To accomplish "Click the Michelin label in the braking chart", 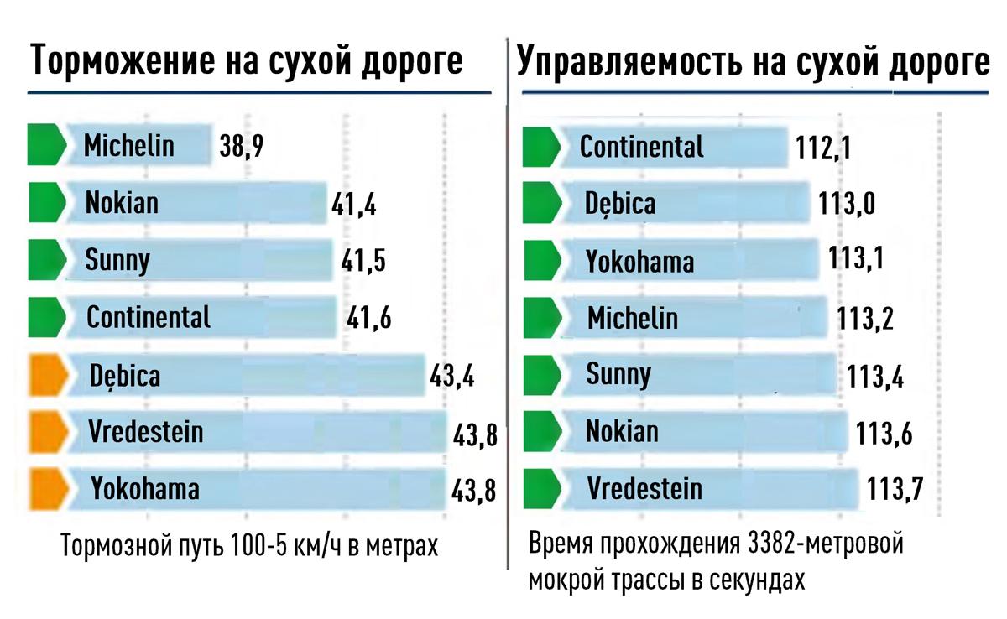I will tap(129, 146).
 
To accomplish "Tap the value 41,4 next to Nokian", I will tap(353, 205).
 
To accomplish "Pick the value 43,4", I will tap(452, 376).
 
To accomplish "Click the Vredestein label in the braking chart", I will tap(146, 432).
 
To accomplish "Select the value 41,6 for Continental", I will tap(369, 319).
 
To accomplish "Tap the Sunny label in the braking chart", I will tap(117, 261).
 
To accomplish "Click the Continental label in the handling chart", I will tap(642, 148).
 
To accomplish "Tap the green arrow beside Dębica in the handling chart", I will tap(541, 203).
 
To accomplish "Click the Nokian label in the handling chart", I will tap(622, 432).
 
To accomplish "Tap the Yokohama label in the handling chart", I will tap(639, 262).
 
